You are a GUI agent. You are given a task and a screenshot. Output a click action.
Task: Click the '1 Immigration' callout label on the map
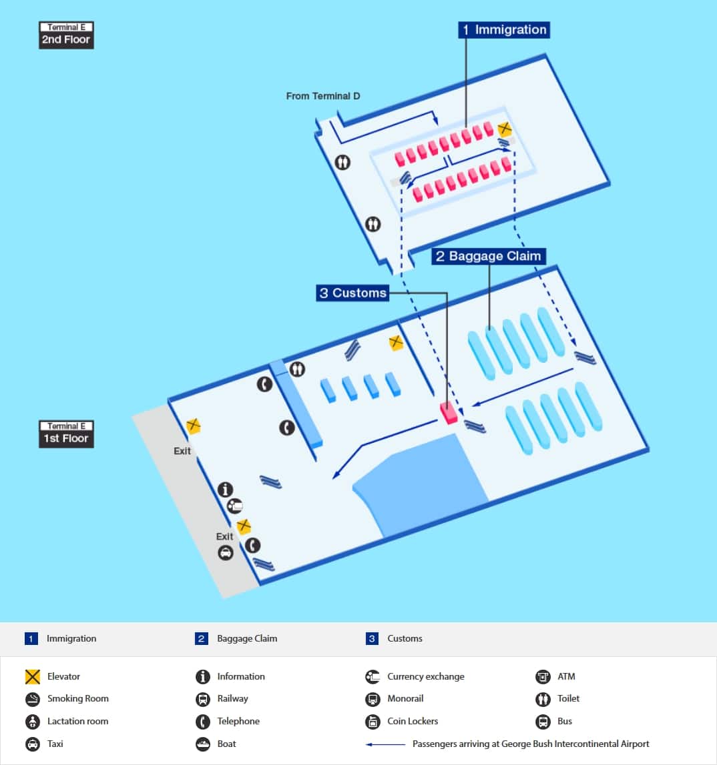point(504,30)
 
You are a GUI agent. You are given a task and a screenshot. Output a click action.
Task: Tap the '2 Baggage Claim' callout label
point(488,256)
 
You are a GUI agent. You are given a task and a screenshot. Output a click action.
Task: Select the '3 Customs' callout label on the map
point(352,293)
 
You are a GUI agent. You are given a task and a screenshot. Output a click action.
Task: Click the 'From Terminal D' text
point(323,96)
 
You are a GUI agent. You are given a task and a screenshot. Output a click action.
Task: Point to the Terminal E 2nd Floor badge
point(66,35)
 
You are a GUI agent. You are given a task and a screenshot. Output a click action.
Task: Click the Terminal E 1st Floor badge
point(66,434)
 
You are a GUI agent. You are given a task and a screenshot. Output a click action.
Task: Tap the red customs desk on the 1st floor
point(449,412)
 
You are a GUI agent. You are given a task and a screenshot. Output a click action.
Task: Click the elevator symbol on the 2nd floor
point(505,129)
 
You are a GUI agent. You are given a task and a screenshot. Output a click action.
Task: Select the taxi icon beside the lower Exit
point(226,552)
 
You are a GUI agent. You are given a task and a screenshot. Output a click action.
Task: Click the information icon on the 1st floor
point(226,490)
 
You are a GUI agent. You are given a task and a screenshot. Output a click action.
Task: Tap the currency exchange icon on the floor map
point(234,506)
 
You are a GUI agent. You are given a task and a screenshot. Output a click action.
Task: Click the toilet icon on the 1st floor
point(297,368)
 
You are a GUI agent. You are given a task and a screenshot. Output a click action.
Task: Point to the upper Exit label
point(182,451)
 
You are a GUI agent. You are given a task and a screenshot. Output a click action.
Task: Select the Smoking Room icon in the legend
point(33,699)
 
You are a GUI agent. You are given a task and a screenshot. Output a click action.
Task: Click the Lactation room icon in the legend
point(33,722)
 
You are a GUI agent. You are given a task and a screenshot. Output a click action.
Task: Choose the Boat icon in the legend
point(203,744)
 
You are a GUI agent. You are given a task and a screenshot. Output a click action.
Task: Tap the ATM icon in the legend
point(543,677)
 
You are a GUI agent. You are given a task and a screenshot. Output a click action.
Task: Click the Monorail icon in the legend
point(373,699)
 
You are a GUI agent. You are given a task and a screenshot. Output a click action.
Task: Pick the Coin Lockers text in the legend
point(413,722)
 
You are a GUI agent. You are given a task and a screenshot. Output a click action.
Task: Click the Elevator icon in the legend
point(33,677)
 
